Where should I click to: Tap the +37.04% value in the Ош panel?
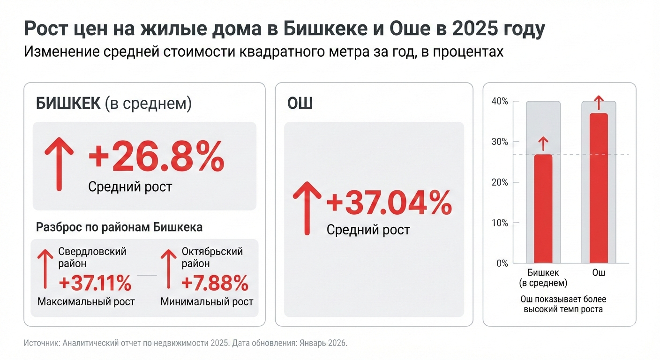coord(389,204)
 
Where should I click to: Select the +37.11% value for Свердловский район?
coord(95,283)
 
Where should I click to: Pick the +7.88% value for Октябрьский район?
coord(215,283)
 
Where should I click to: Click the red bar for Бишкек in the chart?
coord(543,209)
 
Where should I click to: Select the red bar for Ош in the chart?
coord(599,187)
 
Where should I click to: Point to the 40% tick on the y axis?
coord(500,102)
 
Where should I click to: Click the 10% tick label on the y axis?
coord(500,223)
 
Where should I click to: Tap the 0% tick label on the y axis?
coord(502,263)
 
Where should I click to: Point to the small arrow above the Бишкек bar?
coord(543,142)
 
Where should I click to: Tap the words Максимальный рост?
coord(86,301)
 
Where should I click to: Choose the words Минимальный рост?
coord(207,301)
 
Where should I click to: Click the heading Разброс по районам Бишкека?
coord(119,228)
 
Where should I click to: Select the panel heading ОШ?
coord(300,104)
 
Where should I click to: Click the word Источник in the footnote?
coord(40,343)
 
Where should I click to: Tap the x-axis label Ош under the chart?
coord(599,273)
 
